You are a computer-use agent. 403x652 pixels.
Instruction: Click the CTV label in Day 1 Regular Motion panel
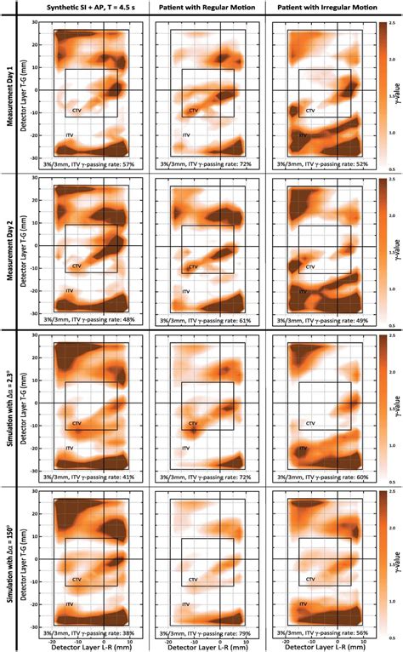[193, 111]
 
